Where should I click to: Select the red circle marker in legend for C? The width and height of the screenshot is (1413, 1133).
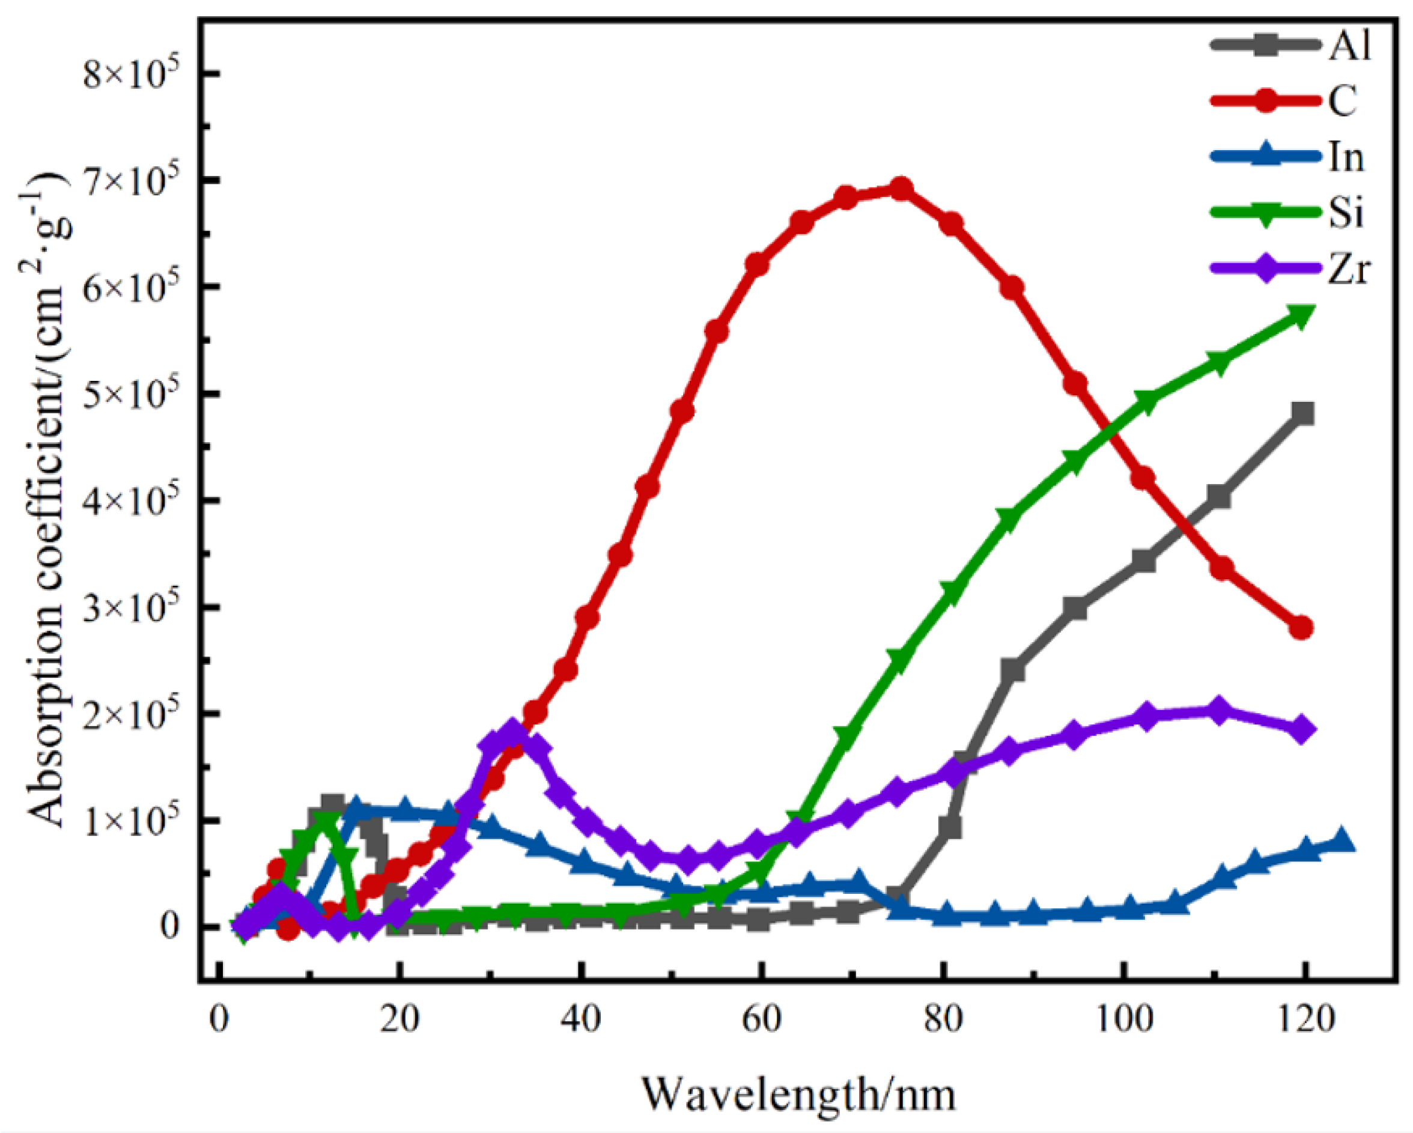(x=1267, y=102)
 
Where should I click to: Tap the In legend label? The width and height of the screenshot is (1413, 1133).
(x=1346, y=158)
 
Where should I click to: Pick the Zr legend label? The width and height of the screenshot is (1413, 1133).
(x=1349, y=269)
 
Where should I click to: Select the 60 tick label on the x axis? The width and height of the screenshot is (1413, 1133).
(x=761, y=1020)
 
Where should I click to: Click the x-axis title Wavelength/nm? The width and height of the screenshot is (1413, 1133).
(x=798, y=1094)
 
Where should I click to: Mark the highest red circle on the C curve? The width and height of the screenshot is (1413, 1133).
(x=902, y=190)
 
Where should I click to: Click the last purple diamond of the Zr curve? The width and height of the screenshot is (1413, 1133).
(x=1302, y=729)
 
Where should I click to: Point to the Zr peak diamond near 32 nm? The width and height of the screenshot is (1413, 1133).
(x=512, y=732)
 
